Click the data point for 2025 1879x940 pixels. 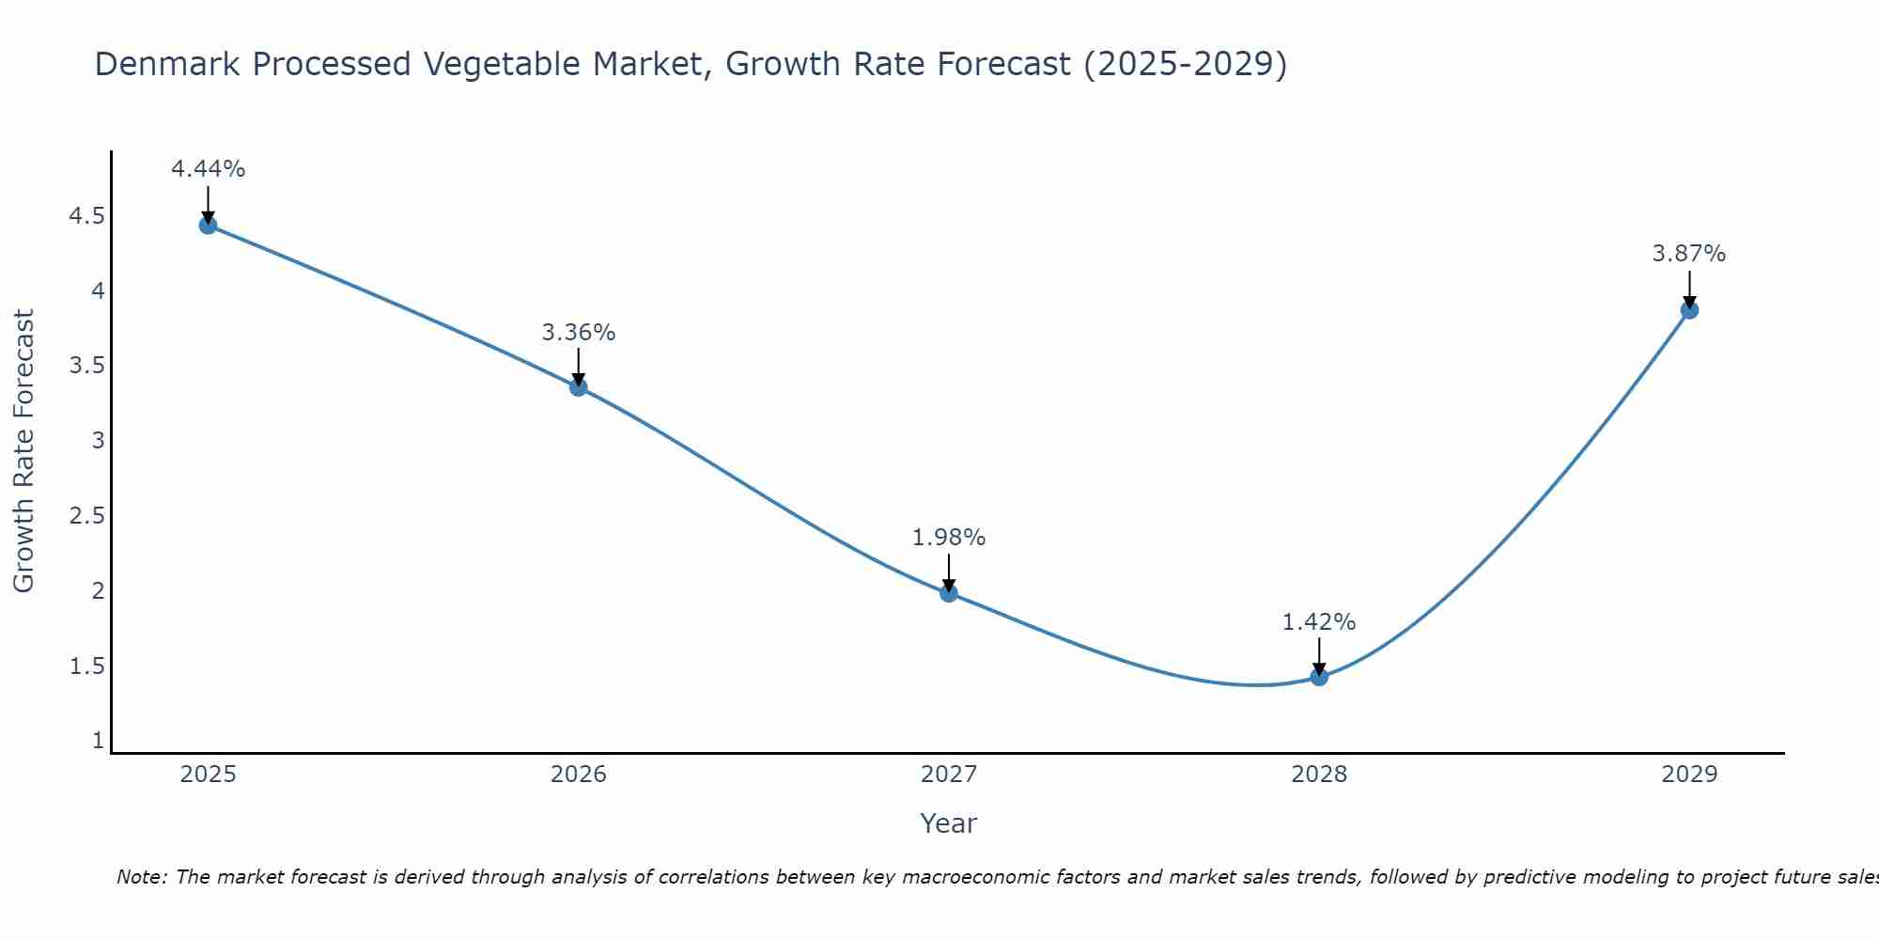click(208, 225)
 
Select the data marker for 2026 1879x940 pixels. click(579, 386)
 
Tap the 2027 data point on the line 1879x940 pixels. click(949, 592)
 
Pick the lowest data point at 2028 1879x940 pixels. click(1319, 677)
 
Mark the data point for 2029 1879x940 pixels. click(1689, 309)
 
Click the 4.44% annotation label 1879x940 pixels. click(208, 169)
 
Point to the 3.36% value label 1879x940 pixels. click(579, 333)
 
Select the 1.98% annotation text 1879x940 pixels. click(949, 538)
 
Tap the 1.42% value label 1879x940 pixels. click(1319, 622)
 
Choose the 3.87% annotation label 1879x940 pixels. click(1689, 254)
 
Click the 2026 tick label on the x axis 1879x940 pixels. click(579, 775)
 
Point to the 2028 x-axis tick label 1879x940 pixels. click(1319, 775)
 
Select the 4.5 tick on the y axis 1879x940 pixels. click(86, 217)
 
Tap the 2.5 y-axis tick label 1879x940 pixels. click(86, 516)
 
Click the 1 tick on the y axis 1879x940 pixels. click(98, 741)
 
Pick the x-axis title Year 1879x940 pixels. click(949, 823)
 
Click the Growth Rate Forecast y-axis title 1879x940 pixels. click(23, 451)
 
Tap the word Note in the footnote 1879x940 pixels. click(141, 877)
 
